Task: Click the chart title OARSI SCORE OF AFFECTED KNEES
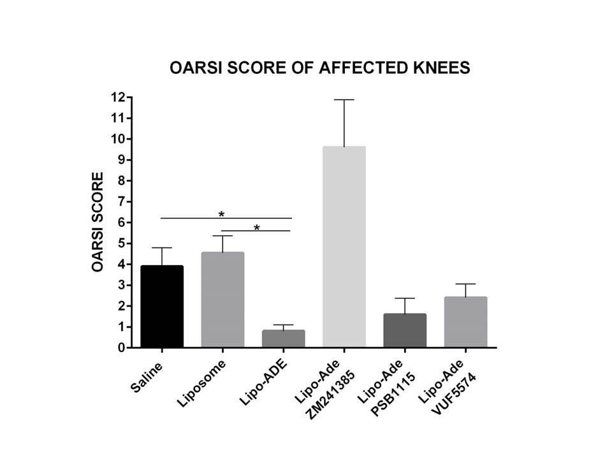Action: click(319, 68)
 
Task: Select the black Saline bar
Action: click(162, 307)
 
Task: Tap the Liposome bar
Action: click(222, 300)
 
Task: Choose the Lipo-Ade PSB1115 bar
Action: click(405, 331)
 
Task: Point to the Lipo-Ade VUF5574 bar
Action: click(465, 323)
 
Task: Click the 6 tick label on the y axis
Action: click(120, 222)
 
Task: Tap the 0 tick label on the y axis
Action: click(120, 348)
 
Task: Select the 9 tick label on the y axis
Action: click(120, 160)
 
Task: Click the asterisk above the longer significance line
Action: click(221, 214)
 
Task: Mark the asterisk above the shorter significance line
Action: click(257, 226)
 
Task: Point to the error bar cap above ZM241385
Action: click(344, 100)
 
